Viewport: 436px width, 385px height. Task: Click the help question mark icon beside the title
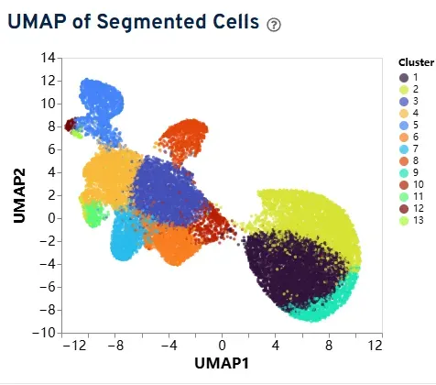(x=274, y=25)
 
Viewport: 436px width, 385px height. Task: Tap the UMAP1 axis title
(x=222, y=363)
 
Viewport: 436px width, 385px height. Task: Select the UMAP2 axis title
(x=19, y=195)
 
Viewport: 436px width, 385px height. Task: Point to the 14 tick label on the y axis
(x=48, y=58)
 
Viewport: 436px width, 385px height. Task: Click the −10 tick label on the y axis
(x=44, y=333)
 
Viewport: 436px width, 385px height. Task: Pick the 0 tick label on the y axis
(x=50, y=218)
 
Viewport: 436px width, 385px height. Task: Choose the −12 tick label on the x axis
(x=75, y=346)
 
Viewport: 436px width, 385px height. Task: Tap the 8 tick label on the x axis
(x=329, y=346)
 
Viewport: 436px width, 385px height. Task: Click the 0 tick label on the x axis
(x=222, y=346)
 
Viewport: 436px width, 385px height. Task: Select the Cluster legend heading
(x=416, y=62)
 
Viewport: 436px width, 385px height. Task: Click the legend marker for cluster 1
(x=404, y=78)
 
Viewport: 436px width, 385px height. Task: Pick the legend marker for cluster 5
(x=404, y=126)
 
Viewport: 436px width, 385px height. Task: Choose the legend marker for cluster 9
(x=404, y=173)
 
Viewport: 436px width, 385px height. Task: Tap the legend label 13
(x=419, y=220)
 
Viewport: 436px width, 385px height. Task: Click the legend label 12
(x=419, y=208)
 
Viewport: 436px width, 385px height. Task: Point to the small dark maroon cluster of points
(x=70, y=125)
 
